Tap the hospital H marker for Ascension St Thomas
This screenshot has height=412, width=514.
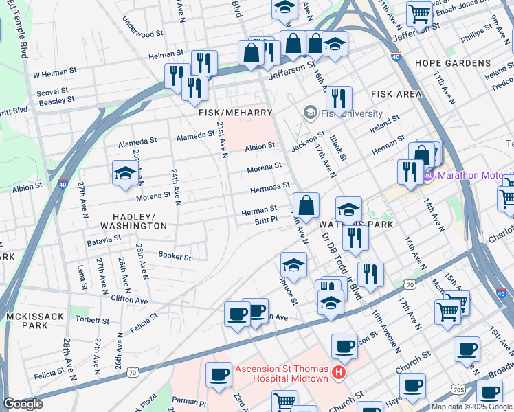point(338,373)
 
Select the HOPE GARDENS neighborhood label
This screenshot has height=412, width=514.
point(453,63)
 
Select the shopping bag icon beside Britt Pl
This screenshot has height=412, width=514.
point(306,205)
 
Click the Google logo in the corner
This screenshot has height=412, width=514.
point(23,404)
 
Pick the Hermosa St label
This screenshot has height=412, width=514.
point(269,186)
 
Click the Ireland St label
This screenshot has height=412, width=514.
point(385,123)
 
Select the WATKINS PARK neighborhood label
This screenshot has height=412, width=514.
point(356,225)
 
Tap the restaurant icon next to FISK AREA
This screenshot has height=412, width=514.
point(339,98)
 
